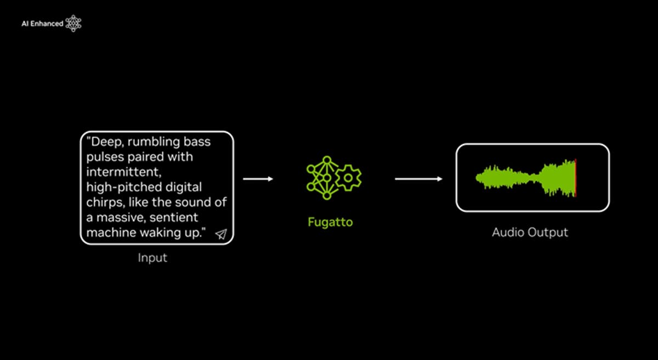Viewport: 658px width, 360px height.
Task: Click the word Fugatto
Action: (x=330, y=222)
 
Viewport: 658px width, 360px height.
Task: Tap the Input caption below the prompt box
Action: (x=152, y=258)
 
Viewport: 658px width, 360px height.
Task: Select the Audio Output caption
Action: (x=530, y=232)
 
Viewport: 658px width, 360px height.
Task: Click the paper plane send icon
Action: (x=221, y=234)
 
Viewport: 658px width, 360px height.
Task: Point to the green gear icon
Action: (x=348, y=178)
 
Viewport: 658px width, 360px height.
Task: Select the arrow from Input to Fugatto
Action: (x=258, y=179)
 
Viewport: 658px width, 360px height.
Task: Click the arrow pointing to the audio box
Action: (x=418, y=179)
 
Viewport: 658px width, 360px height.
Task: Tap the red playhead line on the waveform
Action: (x=575, y=178)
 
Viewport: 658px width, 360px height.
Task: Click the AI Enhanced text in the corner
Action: (x=42, y=24)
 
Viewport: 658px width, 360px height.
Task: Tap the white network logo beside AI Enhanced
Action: (x=73, y=23)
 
